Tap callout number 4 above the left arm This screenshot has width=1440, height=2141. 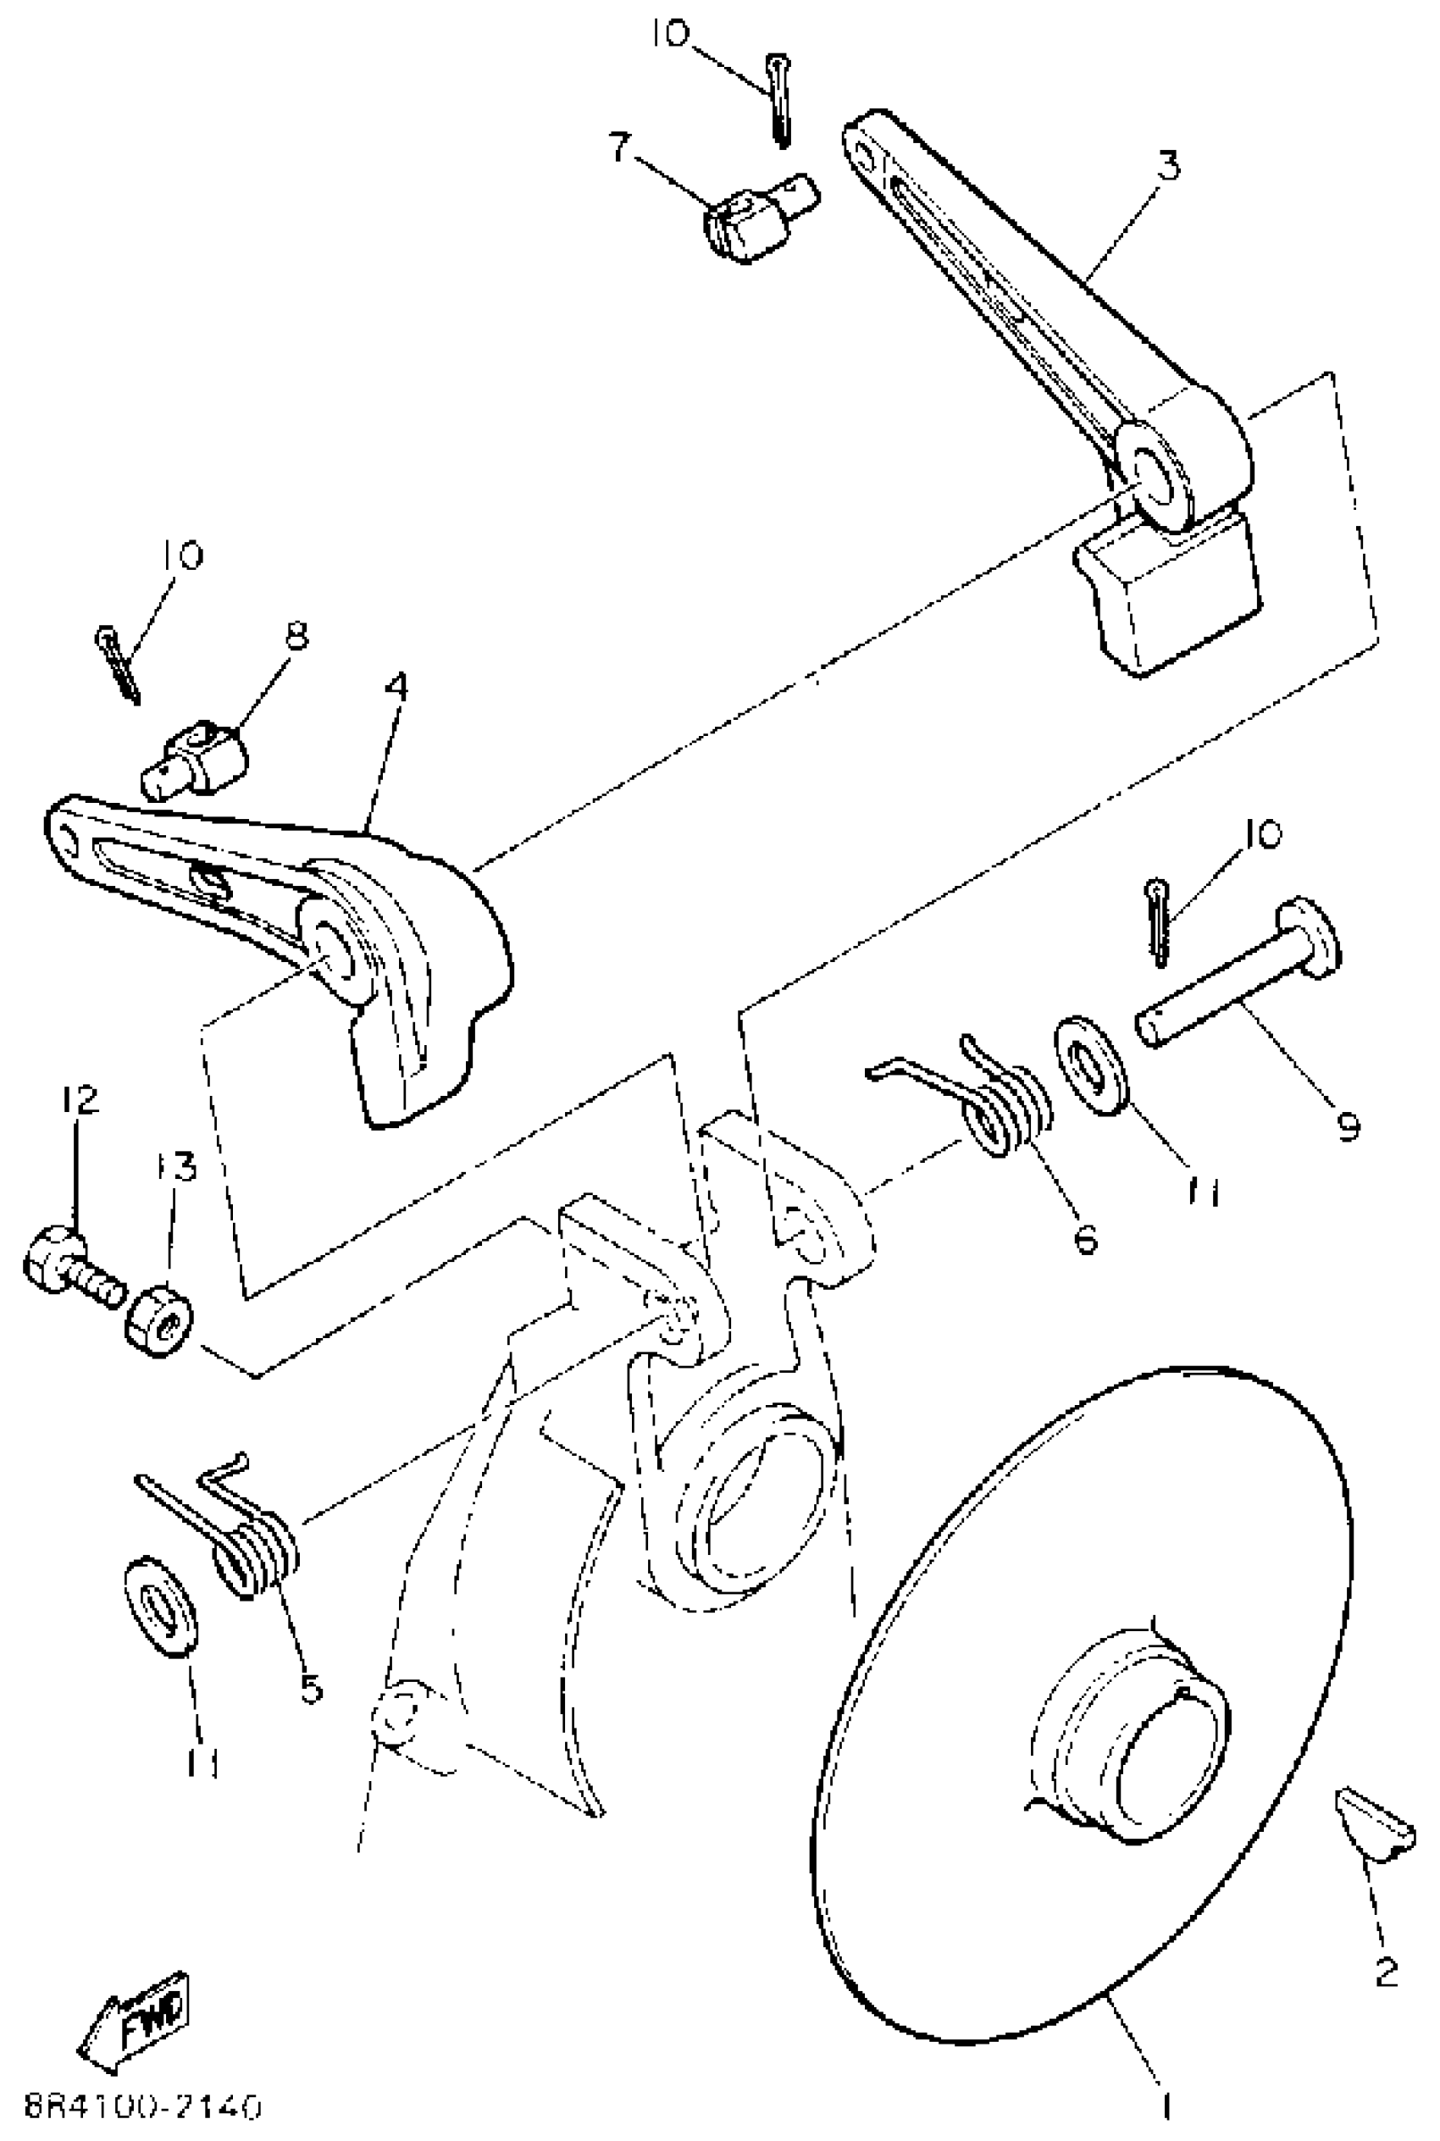coord(396,686)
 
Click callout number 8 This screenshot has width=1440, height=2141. coord(296,635)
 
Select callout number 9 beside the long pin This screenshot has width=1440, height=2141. coord(1346,1125)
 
